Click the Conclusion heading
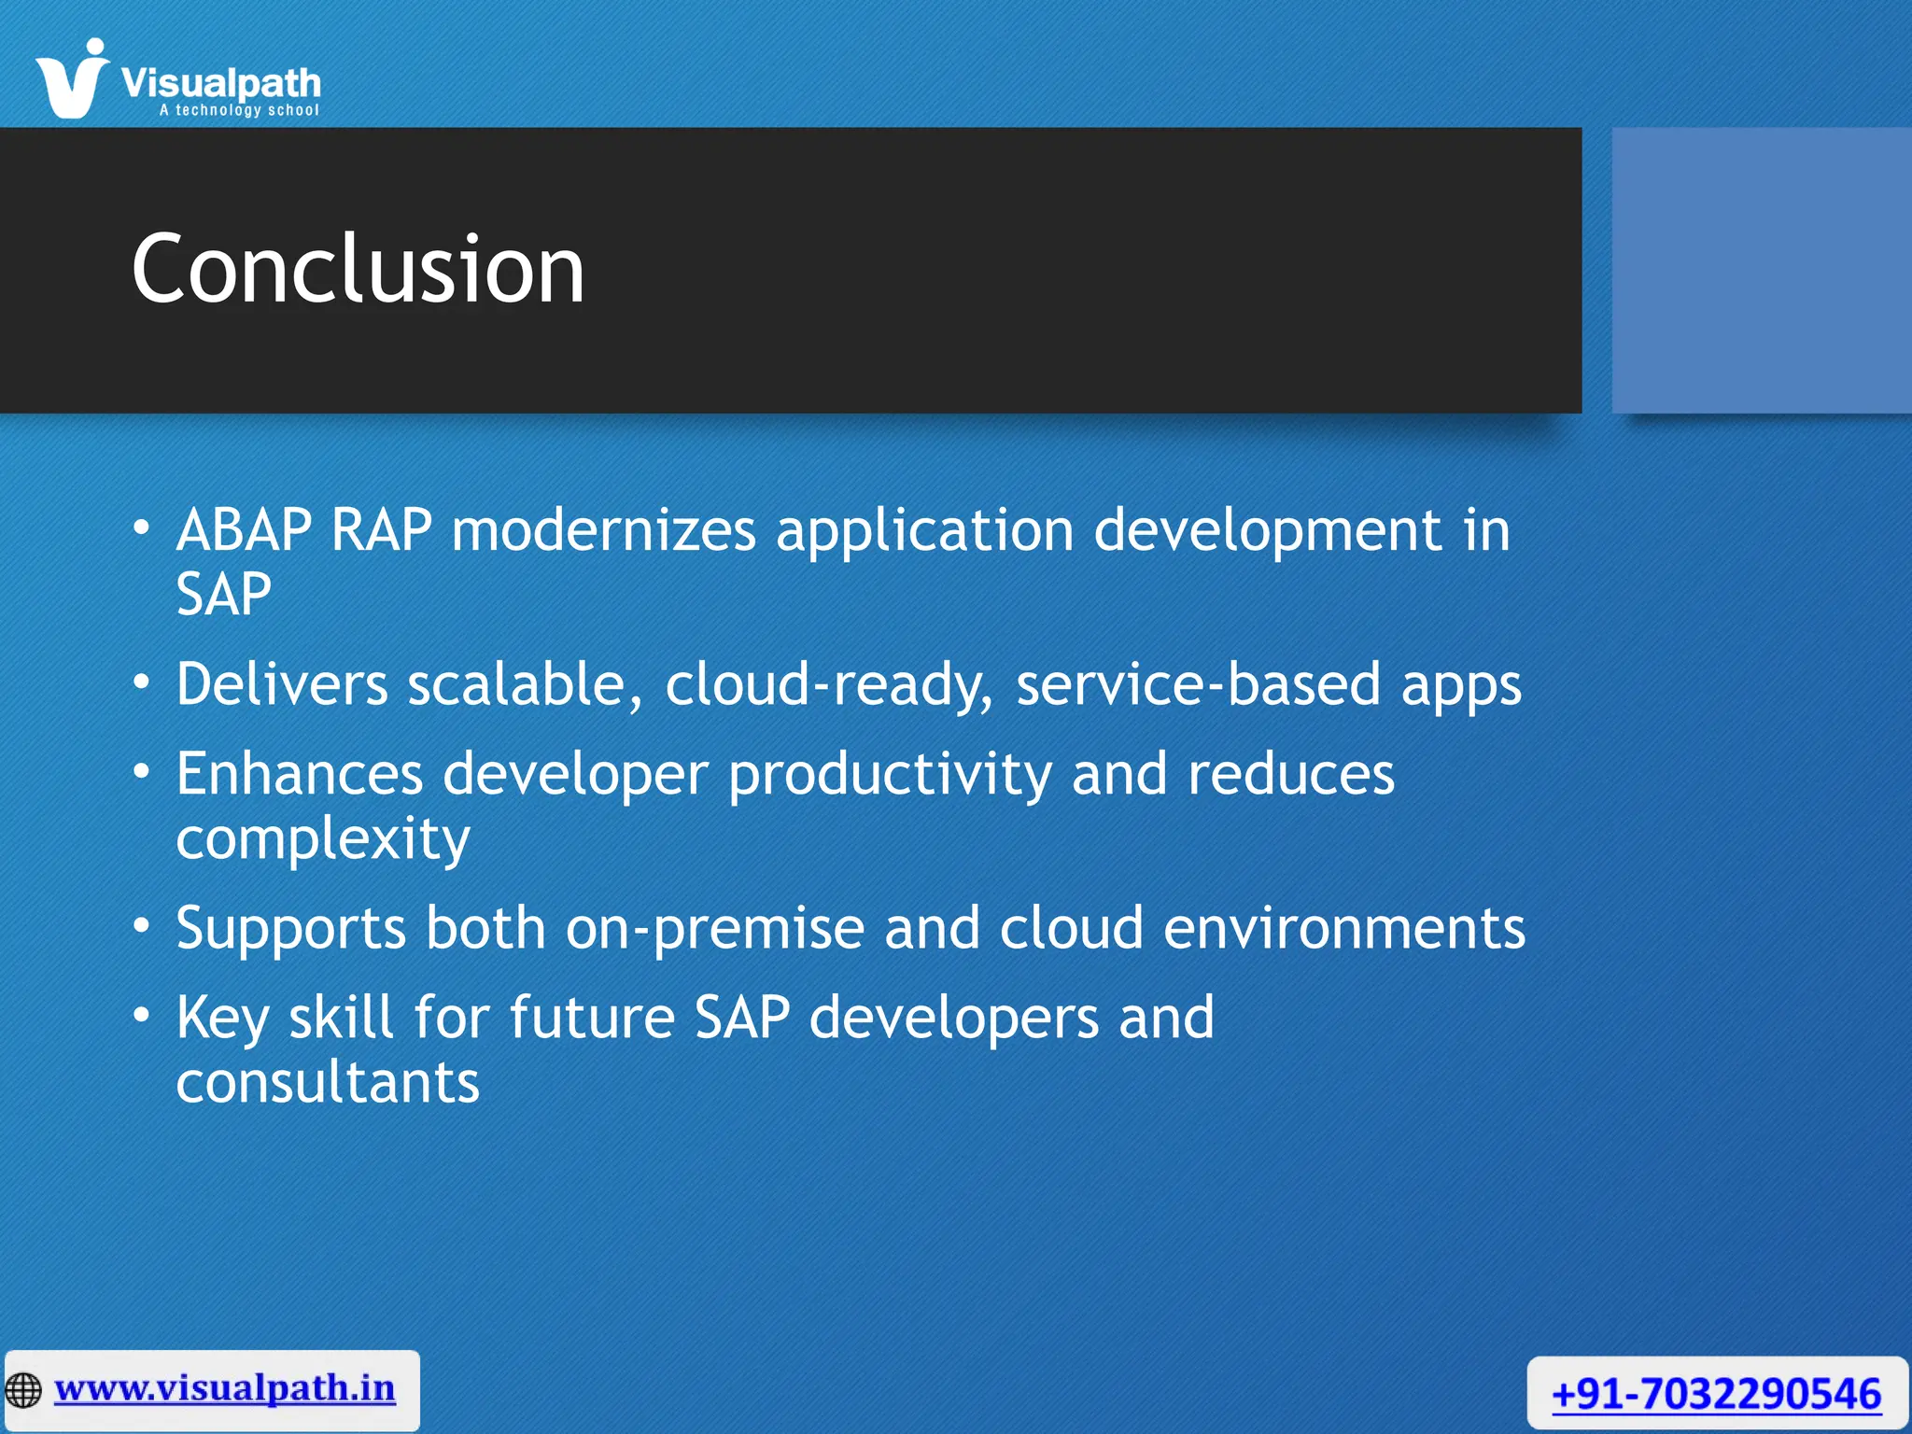coord(358,270)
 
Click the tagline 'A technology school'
coord(239,110)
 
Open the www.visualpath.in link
coord(224,1388)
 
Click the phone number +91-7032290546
coord(1716,1395)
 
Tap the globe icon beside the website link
coord(23,1390)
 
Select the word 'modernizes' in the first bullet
coord(603,530)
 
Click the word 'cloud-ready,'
coord(829,684)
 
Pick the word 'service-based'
coord(1198,684)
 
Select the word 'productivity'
coord(890,775)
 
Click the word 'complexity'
coord(323,839)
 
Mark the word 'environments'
coord(1344,929)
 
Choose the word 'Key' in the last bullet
coord(222,1019)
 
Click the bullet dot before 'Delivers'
coord(141,683)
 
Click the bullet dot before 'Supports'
coord(141,927)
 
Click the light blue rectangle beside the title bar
coord(1761,270)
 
